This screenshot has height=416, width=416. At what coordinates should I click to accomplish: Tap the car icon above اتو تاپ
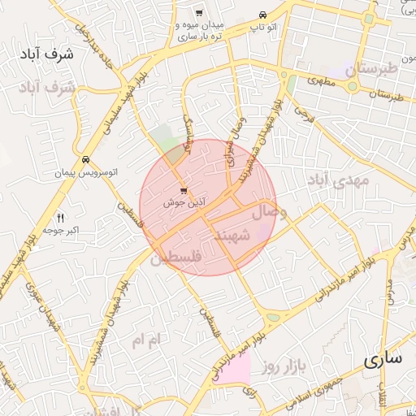tap(262, 15)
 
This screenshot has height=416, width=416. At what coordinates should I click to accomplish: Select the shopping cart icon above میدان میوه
tap(199, 13)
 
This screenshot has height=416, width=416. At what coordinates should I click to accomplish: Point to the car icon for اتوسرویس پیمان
tap(85, 159)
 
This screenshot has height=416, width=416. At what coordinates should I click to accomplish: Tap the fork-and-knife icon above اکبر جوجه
tap(60, 217)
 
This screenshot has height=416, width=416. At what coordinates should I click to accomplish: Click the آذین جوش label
tap(184, 202)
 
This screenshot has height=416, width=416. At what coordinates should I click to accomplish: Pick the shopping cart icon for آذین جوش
tap(183, 190)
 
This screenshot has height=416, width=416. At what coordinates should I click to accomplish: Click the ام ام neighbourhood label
tap(148, 337)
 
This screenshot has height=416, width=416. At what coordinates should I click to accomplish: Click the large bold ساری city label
tap(383, 358)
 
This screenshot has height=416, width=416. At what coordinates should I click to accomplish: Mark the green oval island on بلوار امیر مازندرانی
tap(273, 318)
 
